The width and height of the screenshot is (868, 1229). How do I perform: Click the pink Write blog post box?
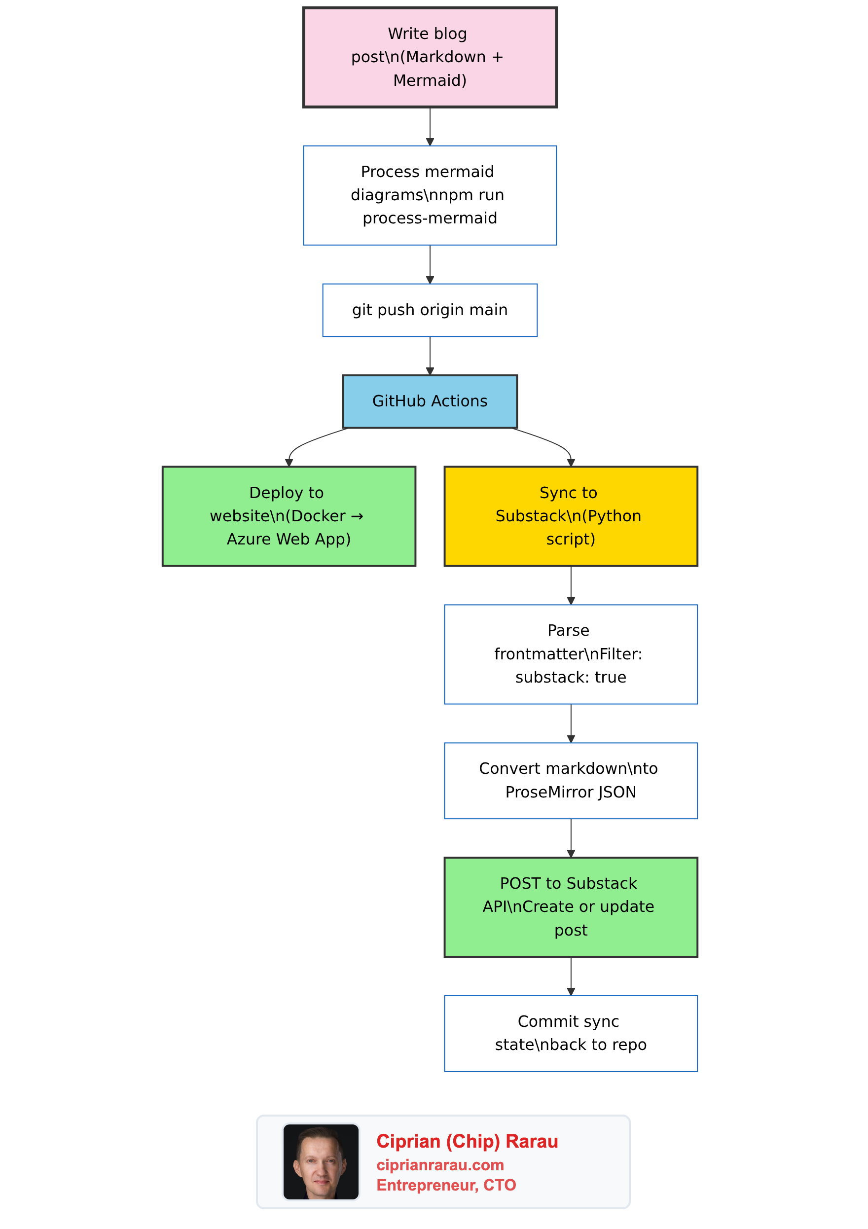click(x=429, y=57)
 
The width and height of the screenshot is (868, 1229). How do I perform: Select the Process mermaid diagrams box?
click(x=429, y=195)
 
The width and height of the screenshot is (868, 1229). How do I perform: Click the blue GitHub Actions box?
click(x=429, y=401)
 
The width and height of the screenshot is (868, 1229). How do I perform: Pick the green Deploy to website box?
click(x=289, y=516)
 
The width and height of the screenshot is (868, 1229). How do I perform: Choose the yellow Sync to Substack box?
click(x=571, y=516)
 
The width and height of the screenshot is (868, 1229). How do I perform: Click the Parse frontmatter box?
click(x=571, y=654)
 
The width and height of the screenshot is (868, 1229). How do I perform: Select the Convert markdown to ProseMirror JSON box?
click(x=571, y=780)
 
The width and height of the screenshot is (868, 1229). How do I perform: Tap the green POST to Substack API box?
click(x=571, y=907)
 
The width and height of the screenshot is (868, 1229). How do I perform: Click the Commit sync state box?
click(x=571, y=1033)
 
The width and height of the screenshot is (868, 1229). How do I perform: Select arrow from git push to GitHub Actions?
click(x=430, y=356)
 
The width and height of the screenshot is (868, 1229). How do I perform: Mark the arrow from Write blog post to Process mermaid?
click(x=430, y=126)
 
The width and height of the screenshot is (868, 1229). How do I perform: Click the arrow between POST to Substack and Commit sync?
click(x=571, y=976)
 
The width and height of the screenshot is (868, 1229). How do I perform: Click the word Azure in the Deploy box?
click(x=245, y=539)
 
